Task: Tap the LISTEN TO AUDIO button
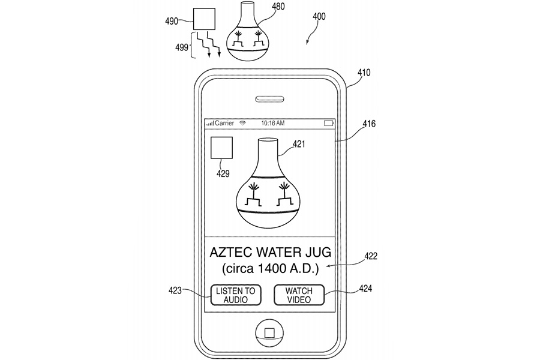click(235, 295)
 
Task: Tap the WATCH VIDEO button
click(299, 295)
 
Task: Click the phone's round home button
click(269, 333)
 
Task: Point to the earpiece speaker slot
click(269, 99)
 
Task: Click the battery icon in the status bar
click(329, 123)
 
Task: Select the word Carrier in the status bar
click(224, 123)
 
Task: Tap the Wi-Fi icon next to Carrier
click(242, 123)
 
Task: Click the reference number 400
click(319, 17)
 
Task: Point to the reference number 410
click(364, 73)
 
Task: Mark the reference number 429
click(223, 173)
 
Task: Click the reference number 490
click(171, 20)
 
